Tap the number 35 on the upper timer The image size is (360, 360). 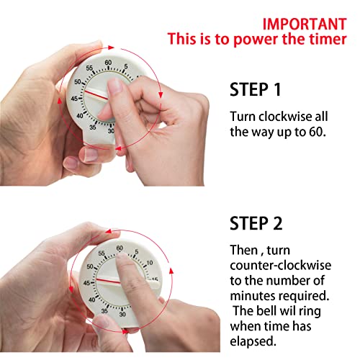pyautogui.click(x=93, y=128)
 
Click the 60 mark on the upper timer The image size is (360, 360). pyautogui.click(x=108, y=63)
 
